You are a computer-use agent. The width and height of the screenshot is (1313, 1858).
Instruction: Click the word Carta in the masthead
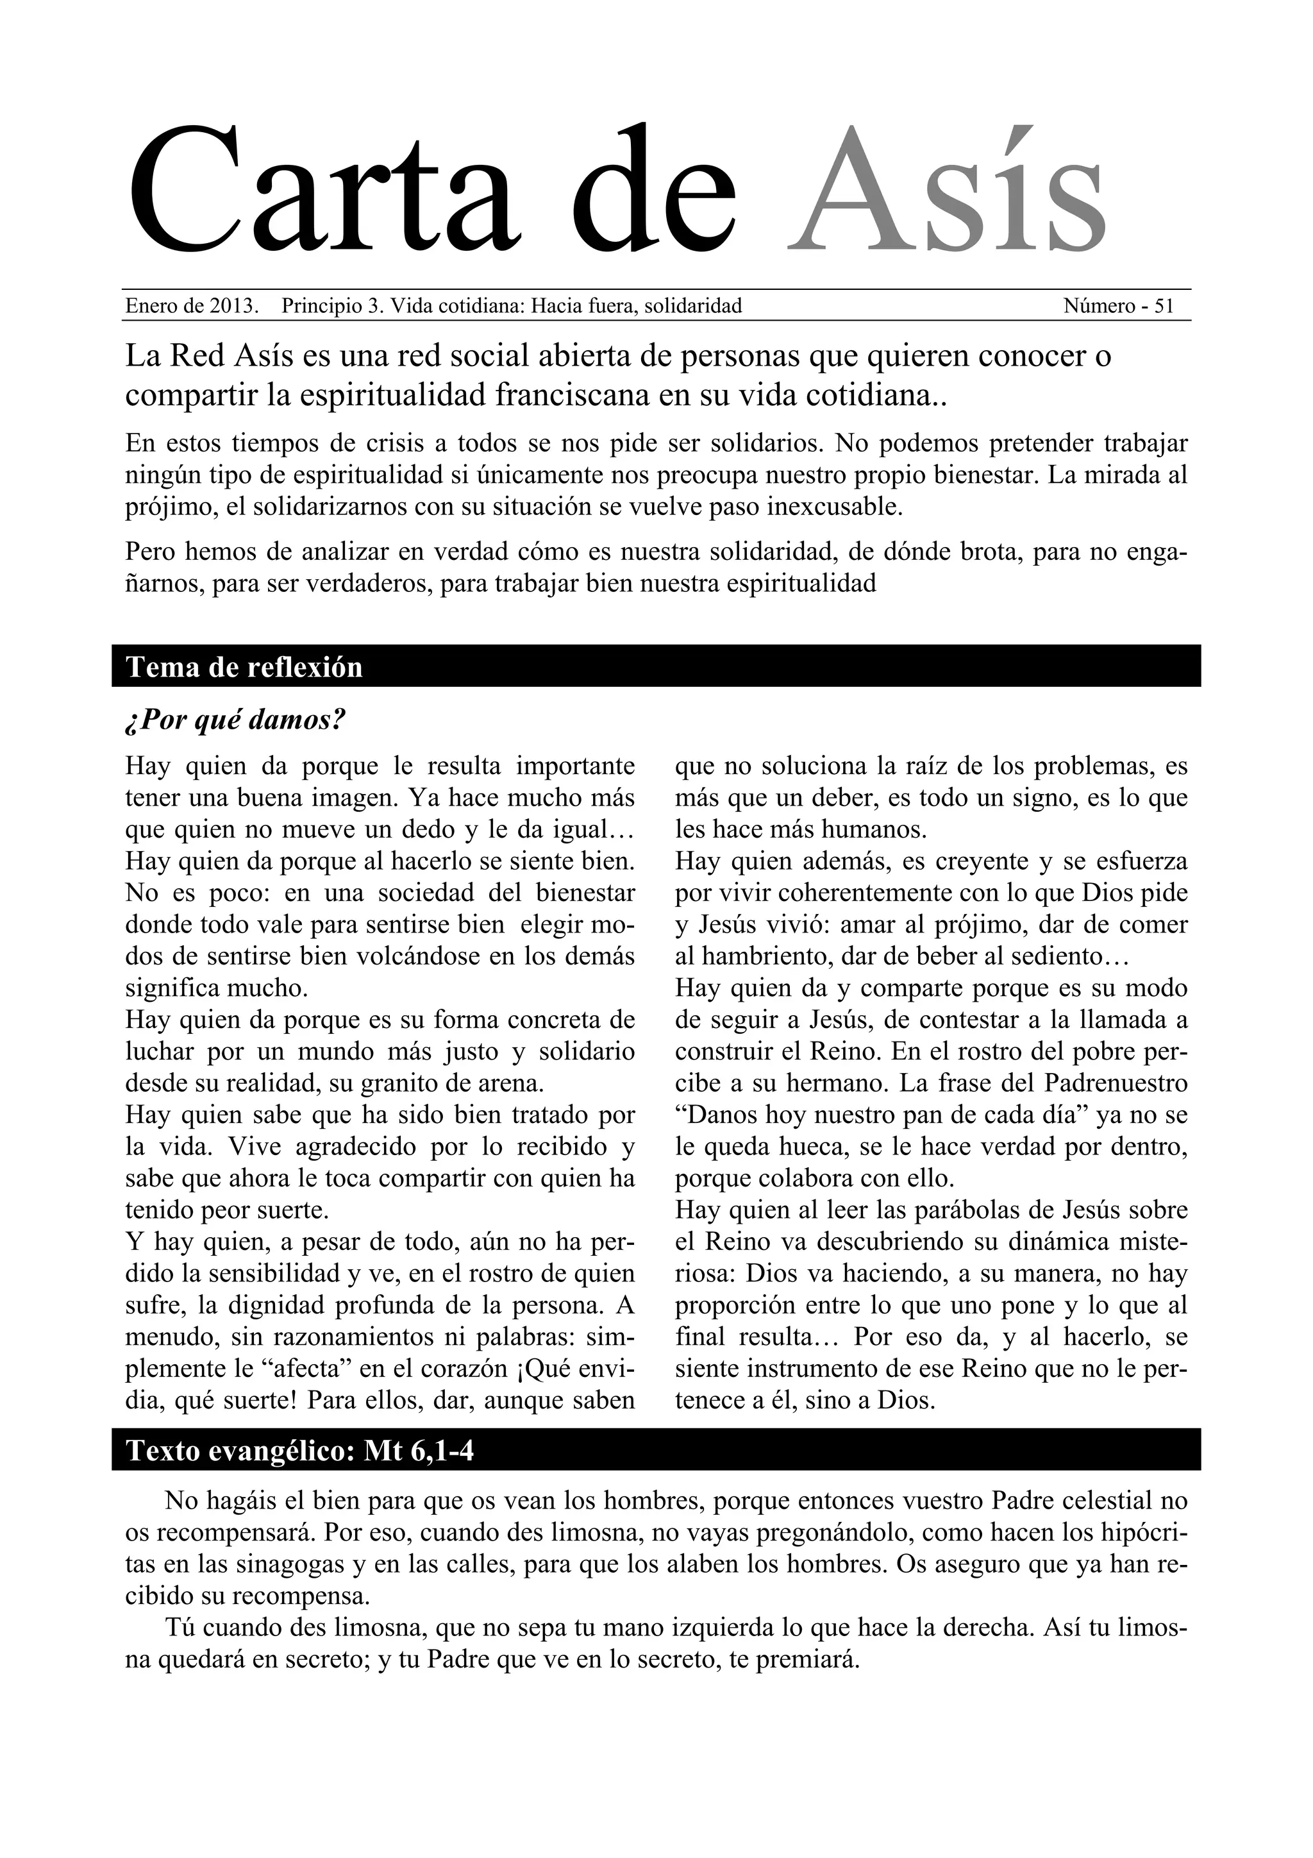coord(324,191)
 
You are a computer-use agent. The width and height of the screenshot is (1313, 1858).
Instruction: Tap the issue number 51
coord(1164,306)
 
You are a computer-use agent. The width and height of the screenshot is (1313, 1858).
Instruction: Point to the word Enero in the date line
coord(151,306)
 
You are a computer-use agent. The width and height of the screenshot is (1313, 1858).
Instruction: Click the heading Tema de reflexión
coord(244,667)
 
